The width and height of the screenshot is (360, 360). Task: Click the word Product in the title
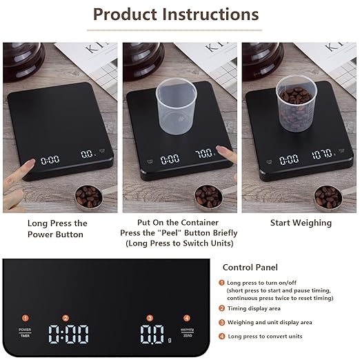point(127,14)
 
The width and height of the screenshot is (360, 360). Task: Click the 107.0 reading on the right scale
point(321,154)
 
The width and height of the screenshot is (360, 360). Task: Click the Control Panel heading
point(250,267)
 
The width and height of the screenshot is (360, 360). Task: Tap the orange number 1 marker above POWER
point(25,318)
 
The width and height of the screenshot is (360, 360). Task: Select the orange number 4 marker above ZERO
point(186,318)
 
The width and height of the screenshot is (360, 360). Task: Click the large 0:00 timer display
point(68,335)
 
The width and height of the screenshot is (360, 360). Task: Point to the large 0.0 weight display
point(152,335)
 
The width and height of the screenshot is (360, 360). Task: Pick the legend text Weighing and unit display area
point(270,322)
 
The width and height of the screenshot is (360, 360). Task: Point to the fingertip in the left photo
point(32,163)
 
